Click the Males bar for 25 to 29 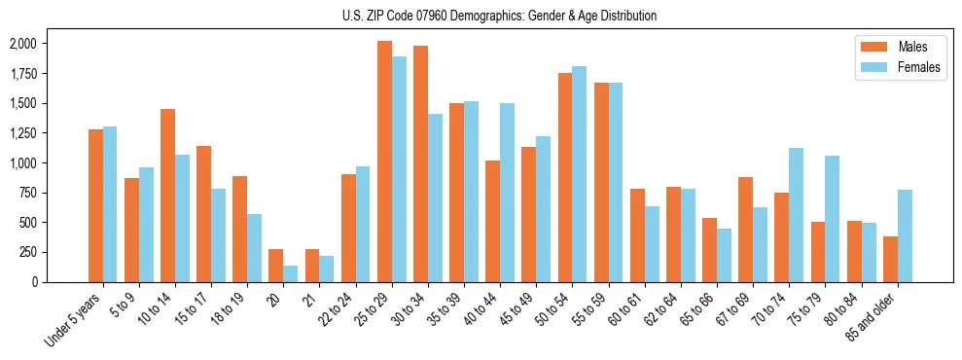tap(384, 162)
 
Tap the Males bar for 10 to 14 tap(167, 196)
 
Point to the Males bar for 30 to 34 tap(420, 163)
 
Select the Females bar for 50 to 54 tap(579, 174)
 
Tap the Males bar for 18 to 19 tap(239, 229)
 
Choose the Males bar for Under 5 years tap(95, 205)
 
